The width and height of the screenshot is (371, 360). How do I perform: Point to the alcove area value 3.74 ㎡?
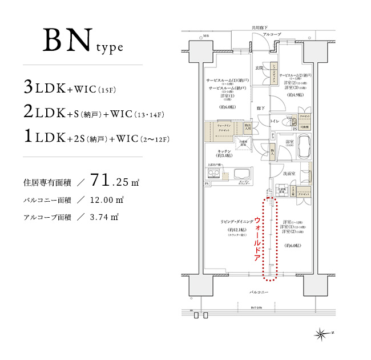(x=104, y=217)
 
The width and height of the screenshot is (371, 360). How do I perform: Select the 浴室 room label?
(x=289, y=142)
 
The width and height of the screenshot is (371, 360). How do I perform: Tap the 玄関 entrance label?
(x=259, y=68)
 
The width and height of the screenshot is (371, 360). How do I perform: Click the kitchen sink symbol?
(x=240, y=173)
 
